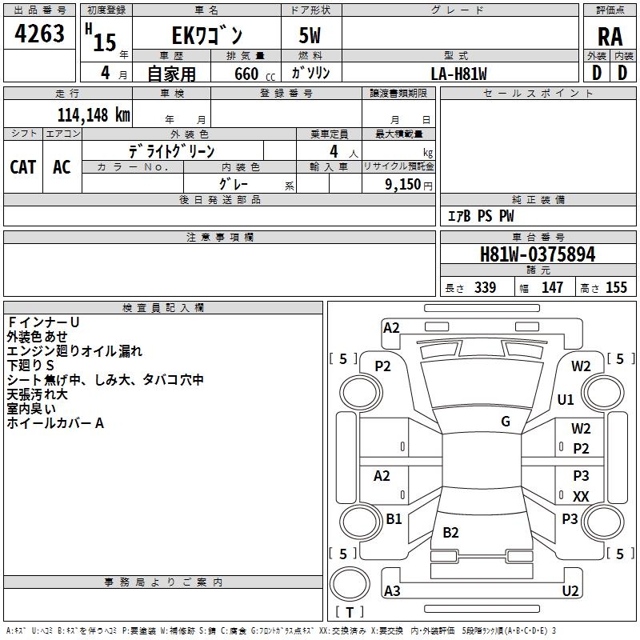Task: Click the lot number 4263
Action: [x=40, y=34]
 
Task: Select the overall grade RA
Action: [x=610, y=36]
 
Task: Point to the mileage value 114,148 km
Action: [x=94, y=115]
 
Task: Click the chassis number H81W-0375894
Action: [x=538, y=255]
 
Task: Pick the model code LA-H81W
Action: [x=458, y=74]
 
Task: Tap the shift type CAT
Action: [x=23, y=166]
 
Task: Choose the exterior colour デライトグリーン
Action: [x=172, y=150]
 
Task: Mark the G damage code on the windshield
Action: [x=506, y=422]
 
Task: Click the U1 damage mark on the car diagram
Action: [x=566, y=399]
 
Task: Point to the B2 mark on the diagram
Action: [x=451, y=533]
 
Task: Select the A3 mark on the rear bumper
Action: [x=392, y=591]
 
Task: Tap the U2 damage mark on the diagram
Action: [x=570, y=591]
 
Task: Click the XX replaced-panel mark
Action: [x=581, y=497]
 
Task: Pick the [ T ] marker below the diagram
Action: [x=350, y=612]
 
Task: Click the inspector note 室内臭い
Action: [x=31, y=409]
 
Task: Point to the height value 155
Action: [x=616, y=288]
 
